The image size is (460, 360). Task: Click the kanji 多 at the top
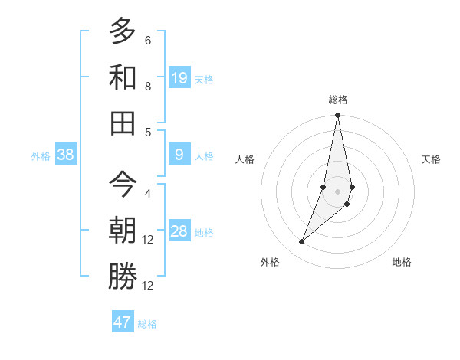123,31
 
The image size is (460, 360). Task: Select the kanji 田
123,122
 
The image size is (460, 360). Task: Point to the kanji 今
123,183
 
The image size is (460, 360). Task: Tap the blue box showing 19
179,77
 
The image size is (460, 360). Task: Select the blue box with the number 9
179,155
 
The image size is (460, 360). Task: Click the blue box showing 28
179,231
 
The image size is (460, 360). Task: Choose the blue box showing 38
66,155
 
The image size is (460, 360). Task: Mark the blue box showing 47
123,322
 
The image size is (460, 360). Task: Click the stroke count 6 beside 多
148,40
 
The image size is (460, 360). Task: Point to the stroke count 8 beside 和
148,87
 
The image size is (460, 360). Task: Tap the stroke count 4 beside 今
148,193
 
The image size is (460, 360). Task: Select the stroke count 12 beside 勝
148,286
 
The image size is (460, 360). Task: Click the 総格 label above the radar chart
338,100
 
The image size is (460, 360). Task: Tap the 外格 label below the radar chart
270,263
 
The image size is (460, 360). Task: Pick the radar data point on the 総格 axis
338,116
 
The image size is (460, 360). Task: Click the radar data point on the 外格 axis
302,242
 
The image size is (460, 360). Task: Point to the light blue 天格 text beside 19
204,79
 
